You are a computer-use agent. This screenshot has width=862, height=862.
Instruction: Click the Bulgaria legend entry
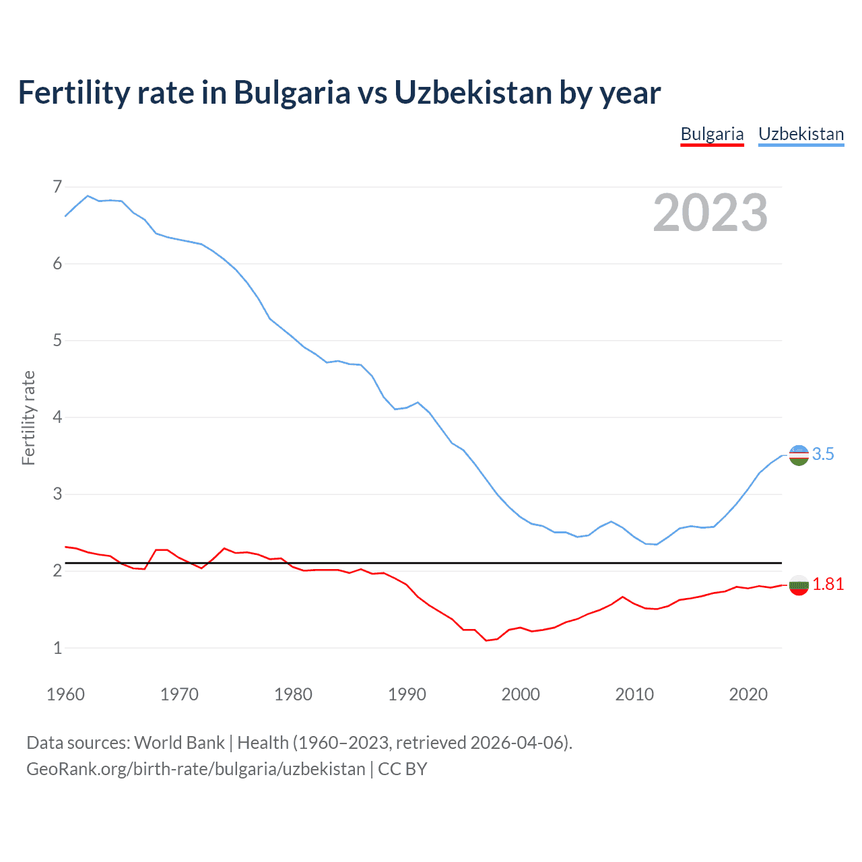(712, 134)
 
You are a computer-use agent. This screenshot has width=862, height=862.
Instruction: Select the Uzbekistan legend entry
(801, 134)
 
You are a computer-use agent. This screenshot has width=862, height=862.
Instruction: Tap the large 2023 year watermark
(710, 213)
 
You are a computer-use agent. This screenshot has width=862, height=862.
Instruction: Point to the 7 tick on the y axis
(57, 187)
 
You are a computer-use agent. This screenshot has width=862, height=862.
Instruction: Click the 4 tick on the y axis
(57, 418)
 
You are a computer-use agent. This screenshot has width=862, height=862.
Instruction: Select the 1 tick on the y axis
(57, 648)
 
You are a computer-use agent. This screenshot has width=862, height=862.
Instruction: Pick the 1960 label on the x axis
(65, 694)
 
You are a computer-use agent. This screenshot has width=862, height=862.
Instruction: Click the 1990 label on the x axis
(407, 694)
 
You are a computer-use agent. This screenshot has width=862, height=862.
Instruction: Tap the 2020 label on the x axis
(748, 694)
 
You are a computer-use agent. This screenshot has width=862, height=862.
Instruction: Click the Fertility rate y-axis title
(28, 418)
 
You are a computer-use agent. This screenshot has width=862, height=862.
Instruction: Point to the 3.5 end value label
(823, 455)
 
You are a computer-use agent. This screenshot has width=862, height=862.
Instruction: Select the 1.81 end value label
(828, 585)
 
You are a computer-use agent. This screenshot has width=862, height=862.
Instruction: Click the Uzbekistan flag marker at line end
(799, 455)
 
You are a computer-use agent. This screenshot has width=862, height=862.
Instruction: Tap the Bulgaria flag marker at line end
(799, 585)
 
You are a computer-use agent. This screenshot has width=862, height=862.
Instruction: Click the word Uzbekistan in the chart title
(473, 92)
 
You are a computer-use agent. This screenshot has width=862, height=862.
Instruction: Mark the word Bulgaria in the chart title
(292, 92)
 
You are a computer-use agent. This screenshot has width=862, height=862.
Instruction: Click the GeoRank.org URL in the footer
(195, 769)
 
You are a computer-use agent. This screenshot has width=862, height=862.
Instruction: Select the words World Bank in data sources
(179, 743)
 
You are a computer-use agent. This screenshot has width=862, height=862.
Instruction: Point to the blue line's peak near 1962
(88, 196)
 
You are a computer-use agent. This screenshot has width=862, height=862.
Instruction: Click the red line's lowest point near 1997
(486, 640)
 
